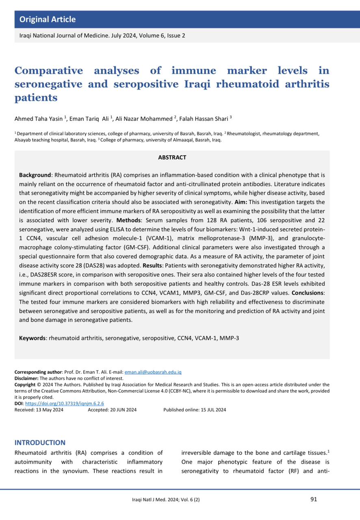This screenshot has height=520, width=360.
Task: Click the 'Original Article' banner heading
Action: tap(48, 19)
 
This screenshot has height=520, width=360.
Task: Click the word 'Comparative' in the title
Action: tap(49, 71)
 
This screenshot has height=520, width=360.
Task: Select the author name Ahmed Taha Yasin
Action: tap(39, 119)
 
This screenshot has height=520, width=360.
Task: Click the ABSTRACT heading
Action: tap(172, 157)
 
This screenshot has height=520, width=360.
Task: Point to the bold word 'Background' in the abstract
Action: tap(35, 175)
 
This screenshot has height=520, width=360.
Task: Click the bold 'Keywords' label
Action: tap(32, 338)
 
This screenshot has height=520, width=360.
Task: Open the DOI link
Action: tap(65, 403)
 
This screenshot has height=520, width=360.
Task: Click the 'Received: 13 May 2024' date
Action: tap(39, 409)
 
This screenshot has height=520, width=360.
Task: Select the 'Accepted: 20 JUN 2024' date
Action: tap(112, 409)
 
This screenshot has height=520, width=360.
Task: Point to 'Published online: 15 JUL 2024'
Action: tap(195, 409)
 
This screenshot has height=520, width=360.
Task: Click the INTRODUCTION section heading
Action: tap(40, 442)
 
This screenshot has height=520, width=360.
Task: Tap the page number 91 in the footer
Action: tap(314, 499)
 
